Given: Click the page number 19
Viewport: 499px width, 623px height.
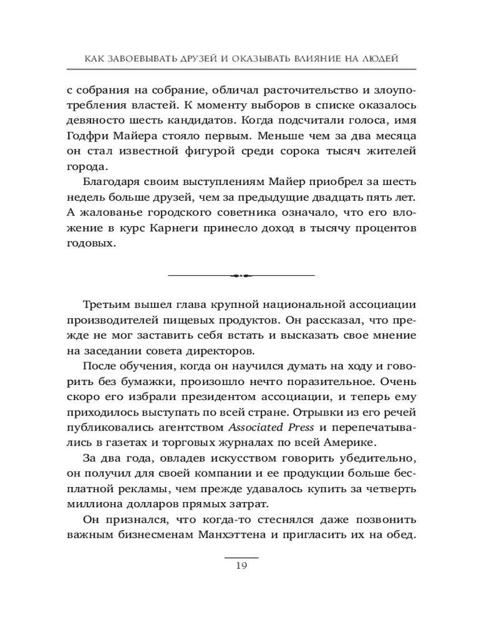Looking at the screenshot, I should (x=242, y=566).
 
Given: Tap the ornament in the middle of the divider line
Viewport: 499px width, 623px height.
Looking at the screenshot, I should (x=241, y=275).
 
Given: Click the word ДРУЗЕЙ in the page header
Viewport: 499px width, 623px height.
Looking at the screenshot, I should (x=187, y=59).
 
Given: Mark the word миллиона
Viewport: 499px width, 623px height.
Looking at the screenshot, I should (x=92, y=503).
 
